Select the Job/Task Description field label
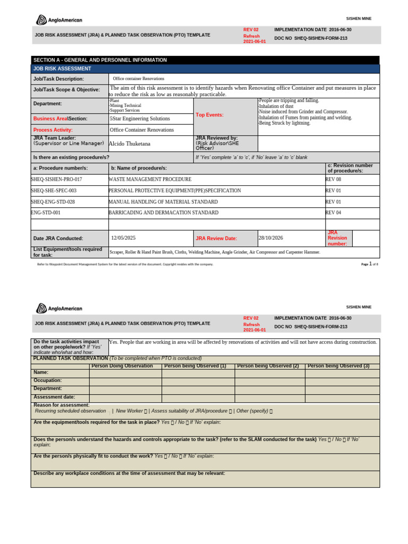tap(58, 79)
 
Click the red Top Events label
tap(209, 115)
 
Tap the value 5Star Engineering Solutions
tap(140, 118)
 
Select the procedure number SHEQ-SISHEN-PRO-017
tap(56, 180)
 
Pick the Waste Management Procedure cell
tap(150, 180)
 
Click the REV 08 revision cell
tap(333, 180)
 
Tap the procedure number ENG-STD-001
tap(46, 212)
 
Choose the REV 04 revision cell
tap(333, 212)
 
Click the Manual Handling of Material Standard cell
tap(163, 202)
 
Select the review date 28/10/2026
tap(270, 238)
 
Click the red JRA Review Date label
tap(216, 239)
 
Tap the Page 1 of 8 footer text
tap(369, 264)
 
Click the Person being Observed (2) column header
tap(268, 366)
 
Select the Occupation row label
tap(48, 380)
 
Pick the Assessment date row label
tap(54, 397)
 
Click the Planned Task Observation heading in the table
tap(70, 359)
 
